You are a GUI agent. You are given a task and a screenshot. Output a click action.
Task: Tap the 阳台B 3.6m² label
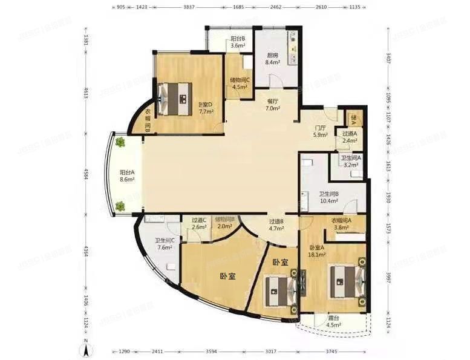237,42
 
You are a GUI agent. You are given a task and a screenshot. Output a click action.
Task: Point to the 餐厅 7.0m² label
273,105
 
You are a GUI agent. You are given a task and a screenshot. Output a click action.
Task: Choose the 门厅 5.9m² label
321,131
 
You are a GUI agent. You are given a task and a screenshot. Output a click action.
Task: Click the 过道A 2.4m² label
349,137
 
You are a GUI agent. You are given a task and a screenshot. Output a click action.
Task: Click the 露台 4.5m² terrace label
333,321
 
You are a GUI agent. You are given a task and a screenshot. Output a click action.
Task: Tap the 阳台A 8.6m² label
128,176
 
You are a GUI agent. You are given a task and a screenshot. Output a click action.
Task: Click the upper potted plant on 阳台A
120,143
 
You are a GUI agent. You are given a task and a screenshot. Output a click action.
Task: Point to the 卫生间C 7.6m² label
165,243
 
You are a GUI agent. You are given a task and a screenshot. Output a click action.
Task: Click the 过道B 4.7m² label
276,225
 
